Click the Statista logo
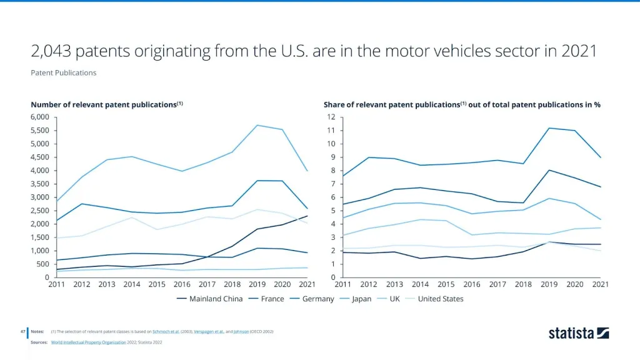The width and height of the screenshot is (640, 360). click(x=578, y=333)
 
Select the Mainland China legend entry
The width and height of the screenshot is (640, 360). click(x=216, y=299)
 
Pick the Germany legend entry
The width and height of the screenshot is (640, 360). click(x=318, y=299)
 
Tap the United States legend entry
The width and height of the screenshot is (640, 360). click(x=441, y=299)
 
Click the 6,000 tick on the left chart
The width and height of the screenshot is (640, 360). click(x=39, y=117)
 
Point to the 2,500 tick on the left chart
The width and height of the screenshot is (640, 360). click(x=39, y=211)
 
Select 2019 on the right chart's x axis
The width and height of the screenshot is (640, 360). click(x=549, y=284)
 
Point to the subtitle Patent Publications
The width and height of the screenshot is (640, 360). click(x=63, y=72)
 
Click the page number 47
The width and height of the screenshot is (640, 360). click(x=22, y=331)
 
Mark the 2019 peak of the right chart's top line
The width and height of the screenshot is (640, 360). click(x=549, y=128)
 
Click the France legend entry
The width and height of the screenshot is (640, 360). click(x=272, y=299)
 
